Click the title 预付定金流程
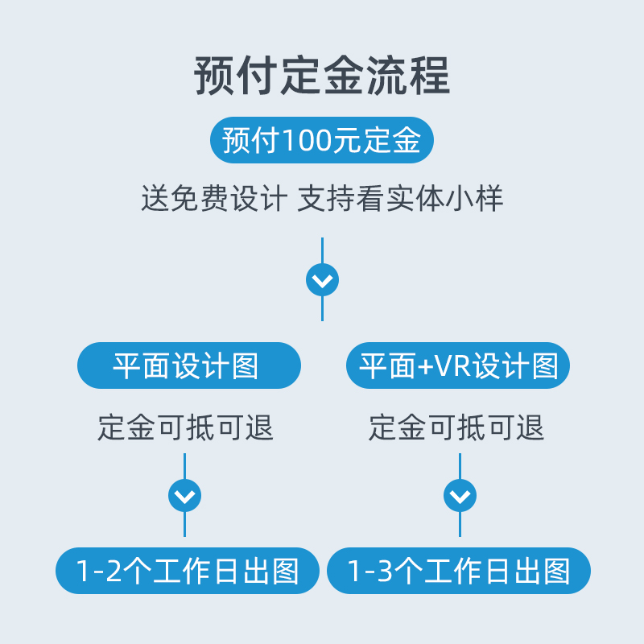(322, 76)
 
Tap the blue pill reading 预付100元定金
(322, 141)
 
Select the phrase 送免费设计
(213, 199)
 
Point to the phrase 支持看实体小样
(400, 199)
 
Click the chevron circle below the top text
(322, 280)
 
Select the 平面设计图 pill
(188, 366)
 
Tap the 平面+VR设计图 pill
(459, 366)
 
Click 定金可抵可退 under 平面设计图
(186, 427)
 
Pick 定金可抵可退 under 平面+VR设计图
(456, 427)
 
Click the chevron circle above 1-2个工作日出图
(184, 495)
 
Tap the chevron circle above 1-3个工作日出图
(460, 495)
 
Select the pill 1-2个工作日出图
(188, 571)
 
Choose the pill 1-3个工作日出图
(459, 571)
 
